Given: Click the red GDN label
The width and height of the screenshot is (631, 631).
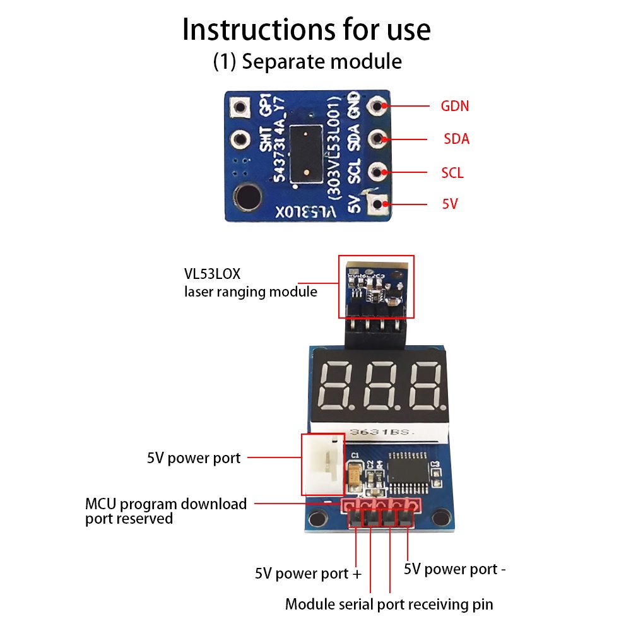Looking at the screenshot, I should tap(454, 106).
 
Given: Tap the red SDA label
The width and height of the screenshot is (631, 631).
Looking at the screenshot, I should tap(456, 139).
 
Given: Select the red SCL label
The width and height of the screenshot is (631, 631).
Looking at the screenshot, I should tap(452, 172).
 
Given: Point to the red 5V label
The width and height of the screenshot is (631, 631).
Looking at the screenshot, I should tap(449, 204).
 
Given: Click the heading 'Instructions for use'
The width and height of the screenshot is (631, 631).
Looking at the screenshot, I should tap(307, 30).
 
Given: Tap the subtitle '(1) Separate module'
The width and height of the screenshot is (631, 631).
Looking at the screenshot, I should tap(307, 62).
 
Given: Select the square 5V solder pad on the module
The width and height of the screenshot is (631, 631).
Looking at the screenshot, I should tap(379, 204).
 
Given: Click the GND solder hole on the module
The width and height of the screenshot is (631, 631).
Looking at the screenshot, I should tap(379, 105).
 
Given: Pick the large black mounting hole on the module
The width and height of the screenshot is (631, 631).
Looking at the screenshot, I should tap(245, 196).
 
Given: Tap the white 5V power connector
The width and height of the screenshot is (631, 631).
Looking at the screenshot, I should tap(323, 465).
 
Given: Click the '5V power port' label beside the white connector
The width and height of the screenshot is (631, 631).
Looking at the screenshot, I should tap(194, 458).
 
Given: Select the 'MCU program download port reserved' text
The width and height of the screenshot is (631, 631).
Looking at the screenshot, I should tap(166, 511).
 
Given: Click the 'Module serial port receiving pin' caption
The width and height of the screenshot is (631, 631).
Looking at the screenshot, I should tap(389, 604).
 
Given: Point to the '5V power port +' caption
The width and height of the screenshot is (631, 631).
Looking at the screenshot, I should tap(309, 574).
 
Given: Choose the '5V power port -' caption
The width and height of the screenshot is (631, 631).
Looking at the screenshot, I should tap(454, 569).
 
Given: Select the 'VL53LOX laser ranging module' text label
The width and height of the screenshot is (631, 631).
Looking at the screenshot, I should tap(251, 283).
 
